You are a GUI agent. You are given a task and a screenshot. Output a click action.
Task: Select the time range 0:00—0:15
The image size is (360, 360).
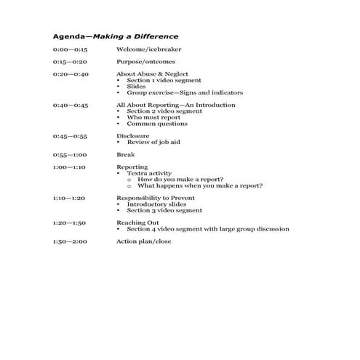[x=70, y=49]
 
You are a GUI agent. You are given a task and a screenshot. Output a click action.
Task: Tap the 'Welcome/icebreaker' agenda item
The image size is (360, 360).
[x=149, y=49]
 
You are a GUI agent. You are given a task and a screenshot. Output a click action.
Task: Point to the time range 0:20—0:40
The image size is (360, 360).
[x=70, y=74]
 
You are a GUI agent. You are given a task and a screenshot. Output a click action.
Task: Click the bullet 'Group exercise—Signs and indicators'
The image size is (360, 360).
[x=185, y=93]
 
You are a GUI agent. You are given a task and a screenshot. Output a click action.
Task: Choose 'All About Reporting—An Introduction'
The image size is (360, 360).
[x=176, y=105]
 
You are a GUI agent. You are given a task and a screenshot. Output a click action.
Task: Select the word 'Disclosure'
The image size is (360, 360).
[x=133, y=136]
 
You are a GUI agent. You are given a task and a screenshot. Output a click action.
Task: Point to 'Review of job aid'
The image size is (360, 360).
[x=153, y=143]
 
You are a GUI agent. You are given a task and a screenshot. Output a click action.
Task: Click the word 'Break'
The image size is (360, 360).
[x=126, y=155]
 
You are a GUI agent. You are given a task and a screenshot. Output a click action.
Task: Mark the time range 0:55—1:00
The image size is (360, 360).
[x=70, y=155]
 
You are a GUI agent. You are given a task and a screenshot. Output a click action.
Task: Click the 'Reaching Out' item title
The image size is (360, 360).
[x=138, y=223]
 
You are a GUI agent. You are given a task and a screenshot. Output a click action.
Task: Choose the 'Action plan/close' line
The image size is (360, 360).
[x=144, y=241]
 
